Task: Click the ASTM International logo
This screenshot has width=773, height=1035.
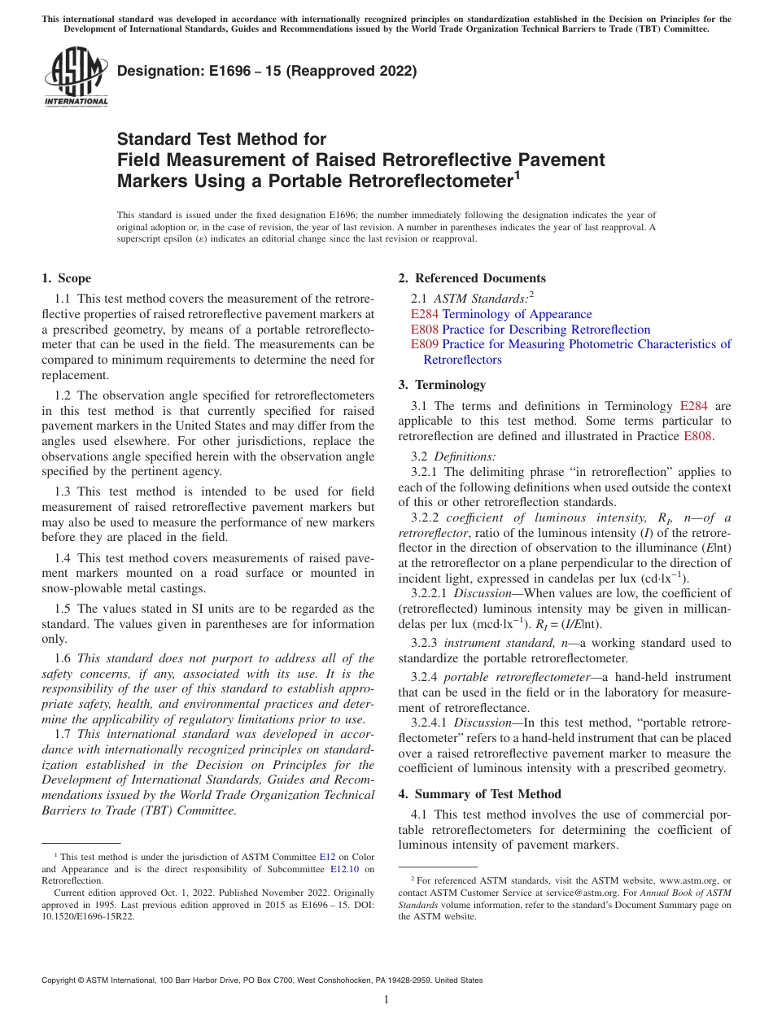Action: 76,76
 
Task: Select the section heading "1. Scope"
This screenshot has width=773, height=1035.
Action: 66,278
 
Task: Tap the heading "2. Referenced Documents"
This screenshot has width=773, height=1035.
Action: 472,278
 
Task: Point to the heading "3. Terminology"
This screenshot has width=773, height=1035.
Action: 442,385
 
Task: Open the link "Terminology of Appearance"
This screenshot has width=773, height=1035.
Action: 517,314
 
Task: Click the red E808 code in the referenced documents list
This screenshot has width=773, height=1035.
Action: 424,330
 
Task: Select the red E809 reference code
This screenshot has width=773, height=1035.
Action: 424,344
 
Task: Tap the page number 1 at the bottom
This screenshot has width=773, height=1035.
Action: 386,1000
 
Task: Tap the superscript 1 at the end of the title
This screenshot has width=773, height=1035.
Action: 517,173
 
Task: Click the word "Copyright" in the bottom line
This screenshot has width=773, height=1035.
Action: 59,980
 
